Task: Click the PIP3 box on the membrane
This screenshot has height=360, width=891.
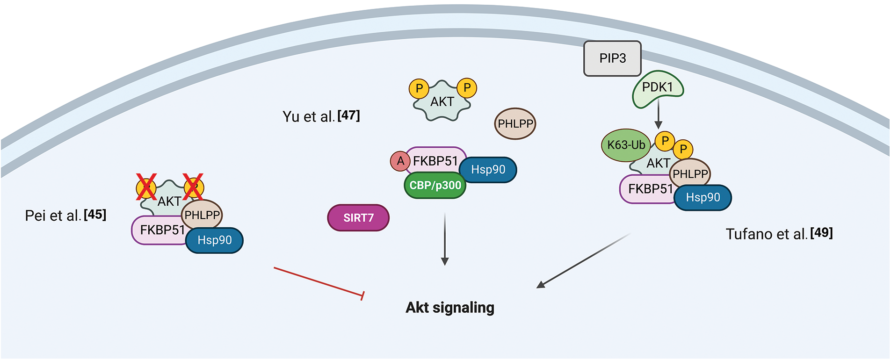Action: click(612, 58)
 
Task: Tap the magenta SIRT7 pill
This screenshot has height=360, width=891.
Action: click(358, 218)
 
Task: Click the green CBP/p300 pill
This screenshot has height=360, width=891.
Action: click(435, 186)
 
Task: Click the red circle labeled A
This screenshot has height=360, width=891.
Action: click(400, 161)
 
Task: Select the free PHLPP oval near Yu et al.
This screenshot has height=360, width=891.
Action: click(515, 124)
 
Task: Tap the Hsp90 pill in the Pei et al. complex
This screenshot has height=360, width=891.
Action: click(215, 240)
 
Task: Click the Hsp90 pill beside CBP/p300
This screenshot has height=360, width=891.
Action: click(488, 170)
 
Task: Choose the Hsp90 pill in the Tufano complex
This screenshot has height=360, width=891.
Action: click(703, 198)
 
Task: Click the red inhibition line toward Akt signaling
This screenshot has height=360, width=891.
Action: click(318, 281)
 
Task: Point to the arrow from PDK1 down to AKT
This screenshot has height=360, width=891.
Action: click(658, 115)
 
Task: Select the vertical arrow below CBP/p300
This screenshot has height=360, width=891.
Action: click(445, 238)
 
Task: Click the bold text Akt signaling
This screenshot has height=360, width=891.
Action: click(450, 308)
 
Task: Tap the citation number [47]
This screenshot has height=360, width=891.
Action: click(349, 115)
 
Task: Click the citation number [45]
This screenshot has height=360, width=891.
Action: click(95, 215)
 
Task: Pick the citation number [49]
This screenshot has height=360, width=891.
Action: click(821, 233)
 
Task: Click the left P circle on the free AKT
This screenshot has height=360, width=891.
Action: click(419, 88)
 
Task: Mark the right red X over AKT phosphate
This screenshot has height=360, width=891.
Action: click(193, 187)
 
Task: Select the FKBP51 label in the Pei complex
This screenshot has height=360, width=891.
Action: click(162, 230)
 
